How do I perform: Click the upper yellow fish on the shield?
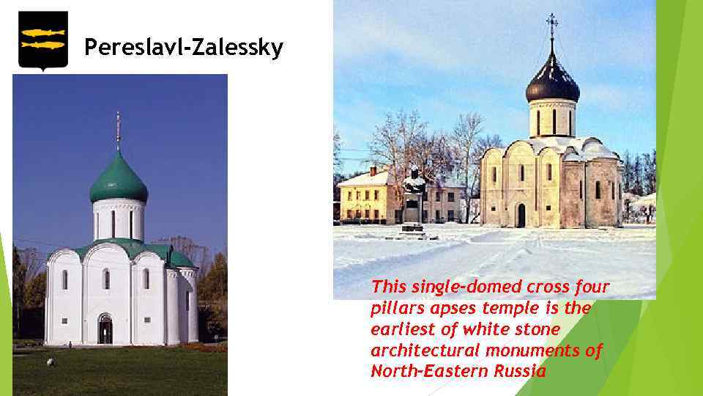(x=43, y=32)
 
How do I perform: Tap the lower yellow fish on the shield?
(x=43, y=45)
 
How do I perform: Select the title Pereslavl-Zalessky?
(x=183, y=48)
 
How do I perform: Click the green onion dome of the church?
(x=119, y=181)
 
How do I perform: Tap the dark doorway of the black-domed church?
(x=521, y=216)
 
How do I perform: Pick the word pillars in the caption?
(x=395, y=308)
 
